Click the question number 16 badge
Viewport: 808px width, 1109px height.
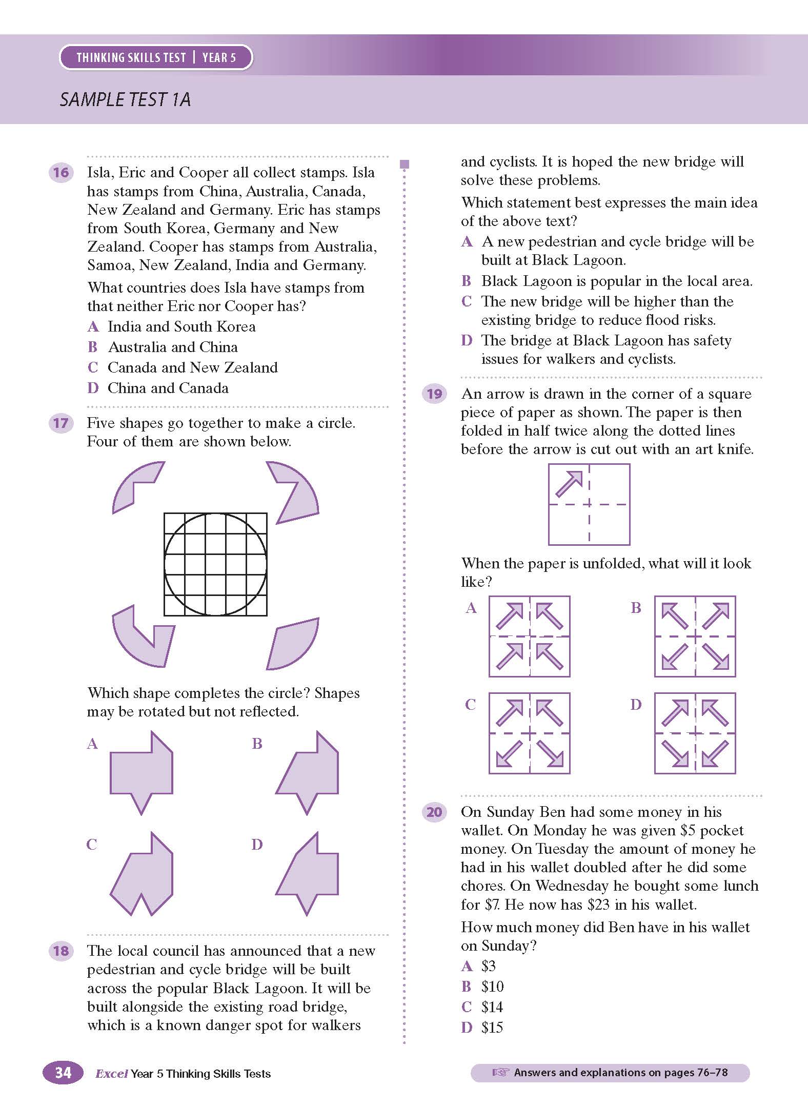60,172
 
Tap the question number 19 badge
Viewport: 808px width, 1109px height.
434,394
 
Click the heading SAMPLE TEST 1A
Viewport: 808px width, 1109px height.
125,99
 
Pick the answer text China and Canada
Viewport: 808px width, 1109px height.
168,388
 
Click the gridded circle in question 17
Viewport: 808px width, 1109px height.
215,564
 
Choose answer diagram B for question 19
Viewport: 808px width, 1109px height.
695,636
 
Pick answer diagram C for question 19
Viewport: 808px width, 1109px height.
529,733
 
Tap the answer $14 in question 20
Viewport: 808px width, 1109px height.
492,1007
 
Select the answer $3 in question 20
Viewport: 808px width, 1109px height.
488,966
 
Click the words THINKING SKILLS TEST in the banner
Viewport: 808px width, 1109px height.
131,57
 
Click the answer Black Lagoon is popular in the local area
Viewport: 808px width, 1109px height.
616,281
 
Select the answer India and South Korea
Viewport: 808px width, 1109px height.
181,326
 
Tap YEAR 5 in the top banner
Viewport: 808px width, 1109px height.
219,57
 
